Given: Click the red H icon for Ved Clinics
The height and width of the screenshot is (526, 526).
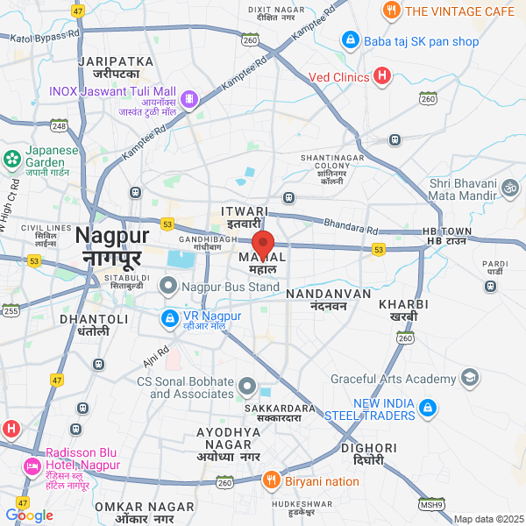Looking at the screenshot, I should click(x=381, y=77).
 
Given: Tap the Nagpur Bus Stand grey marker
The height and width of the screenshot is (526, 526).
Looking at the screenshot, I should click(x=168, y=286).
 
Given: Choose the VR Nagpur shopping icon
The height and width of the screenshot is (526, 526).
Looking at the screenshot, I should click(x=168, y=316).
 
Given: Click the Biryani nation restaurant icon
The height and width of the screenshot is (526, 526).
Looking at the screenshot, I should click(x=271, y=480).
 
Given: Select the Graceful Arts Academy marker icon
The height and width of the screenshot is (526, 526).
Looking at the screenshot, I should click(x=470, y=378).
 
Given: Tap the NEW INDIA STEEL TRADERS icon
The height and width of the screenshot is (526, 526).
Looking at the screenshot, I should click(x=428, y=408).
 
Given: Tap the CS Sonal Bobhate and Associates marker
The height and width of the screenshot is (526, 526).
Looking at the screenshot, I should click(x=248, y=387).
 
